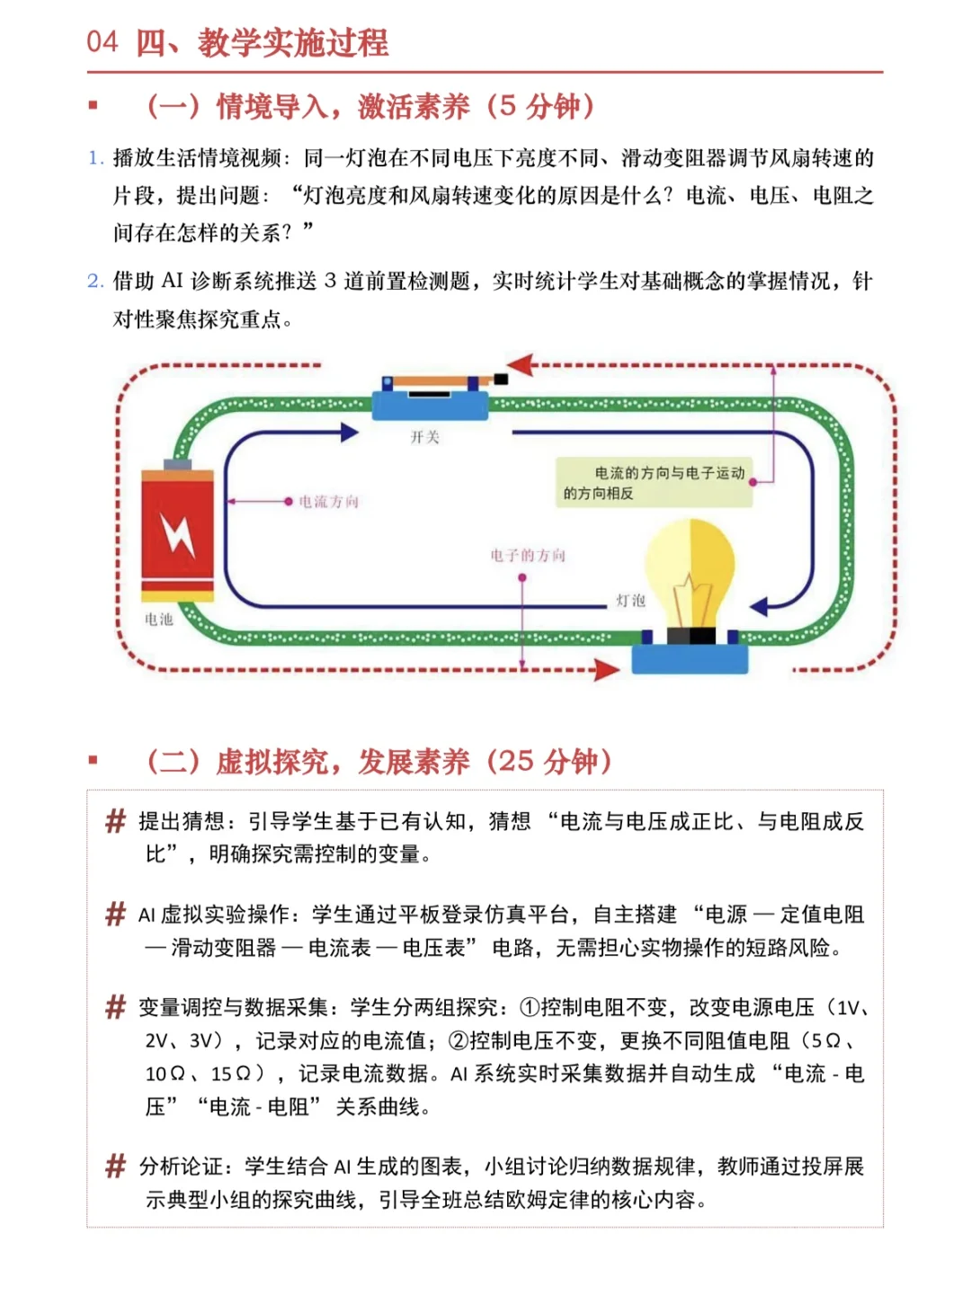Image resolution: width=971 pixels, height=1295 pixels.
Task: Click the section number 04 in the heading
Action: coord(102,41)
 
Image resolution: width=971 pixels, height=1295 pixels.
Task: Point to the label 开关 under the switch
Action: coord(424,437)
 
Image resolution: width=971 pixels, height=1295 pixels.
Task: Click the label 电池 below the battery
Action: coord(159,620)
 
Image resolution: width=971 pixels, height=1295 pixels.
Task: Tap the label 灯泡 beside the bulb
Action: coord(631,600)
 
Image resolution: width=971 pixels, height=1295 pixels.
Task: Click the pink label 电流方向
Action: coord(328,502)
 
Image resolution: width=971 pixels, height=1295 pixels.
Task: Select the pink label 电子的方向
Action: coord(528,556)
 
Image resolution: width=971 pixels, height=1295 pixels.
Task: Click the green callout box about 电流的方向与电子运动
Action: coord(654,483)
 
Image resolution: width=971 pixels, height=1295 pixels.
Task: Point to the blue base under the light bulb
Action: coord(690,657)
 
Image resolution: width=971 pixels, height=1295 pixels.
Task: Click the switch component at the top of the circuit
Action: coord(432,396)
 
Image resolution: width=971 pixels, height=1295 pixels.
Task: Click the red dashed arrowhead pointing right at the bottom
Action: coord(607,669)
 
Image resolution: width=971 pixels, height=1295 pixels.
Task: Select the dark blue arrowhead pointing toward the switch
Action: coord(350,433)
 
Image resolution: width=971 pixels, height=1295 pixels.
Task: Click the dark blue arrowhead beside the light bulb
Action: coord(760,606)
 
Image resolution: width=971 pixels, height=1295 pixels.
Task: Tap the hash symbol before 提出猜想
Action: coord(116,821)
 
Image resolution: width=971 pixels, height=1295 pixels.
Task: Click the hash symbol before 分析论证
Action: coord(116,1166)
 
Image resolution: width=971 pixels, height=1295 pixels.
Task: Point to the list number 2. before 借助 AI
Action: coord(95,281)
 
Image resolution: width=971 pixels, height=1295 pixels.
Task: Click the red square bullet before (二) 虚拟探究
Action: coord(93,761)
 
